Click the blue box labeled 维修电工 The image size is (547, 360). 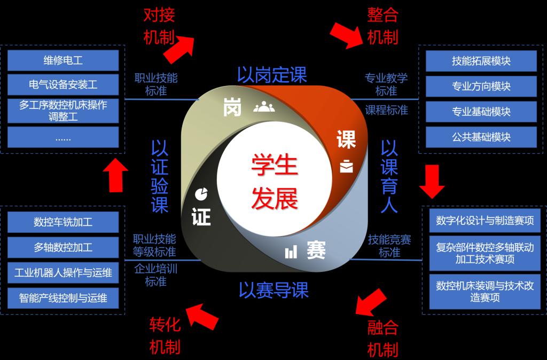[x=63, y=60]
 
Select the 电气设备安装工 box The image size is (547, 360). [x=63, y=85]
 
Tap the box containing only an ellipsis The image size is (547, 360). [x=63, y=137]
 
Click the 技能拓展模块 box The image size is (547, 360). [x=481, y=61]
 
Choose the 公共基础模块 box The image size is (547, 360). [x=481, y=137]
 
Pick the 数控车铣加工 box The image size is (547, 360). [x=63, y=222]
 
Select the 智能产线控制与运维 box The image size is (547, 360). [x=63, y=298]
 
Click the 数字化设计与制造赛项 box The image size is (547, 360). [x=485, y=221]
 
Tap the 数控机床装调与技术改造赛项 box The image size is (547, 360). [x=485, y=292]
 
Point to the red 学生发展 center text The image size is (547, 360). [x=275, y=182]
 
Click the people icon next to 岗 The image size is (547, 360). [x=264, y=106]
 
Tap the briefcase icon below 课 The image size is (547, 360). [x=346, y=166]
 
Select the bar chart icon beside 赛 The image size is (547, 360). [x=291, y=252]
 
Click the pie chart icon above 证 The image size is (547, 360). [x=201, y=194]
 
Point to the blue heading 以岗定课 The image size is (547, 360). [x=272, y=74]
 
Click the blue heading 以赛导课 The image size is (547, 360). [x=273, y=290]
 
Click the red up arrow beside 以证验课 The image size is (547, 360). [x=115, y=175]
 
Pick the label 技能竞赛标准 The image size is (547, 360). [x=389, y=246]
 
